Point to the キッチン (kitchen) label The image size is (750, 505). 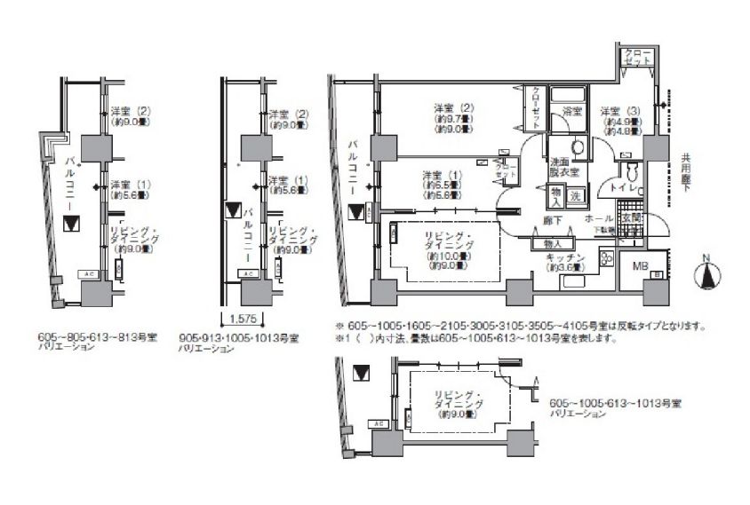[566, 256]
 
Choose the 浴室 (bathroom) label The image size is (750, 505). [572, 113]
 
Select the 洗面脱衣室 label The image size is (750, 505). [564, 166]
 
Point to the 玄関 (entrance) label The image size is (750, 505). [630, 216]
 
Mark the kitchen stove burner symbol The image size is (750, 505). [607, 258]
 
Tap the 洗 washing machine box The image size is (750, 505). [574, 194]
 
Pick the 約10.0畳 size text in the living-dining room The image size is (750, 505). [451, 256]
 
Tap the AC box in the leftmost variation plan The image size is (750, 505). [88, 274]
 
